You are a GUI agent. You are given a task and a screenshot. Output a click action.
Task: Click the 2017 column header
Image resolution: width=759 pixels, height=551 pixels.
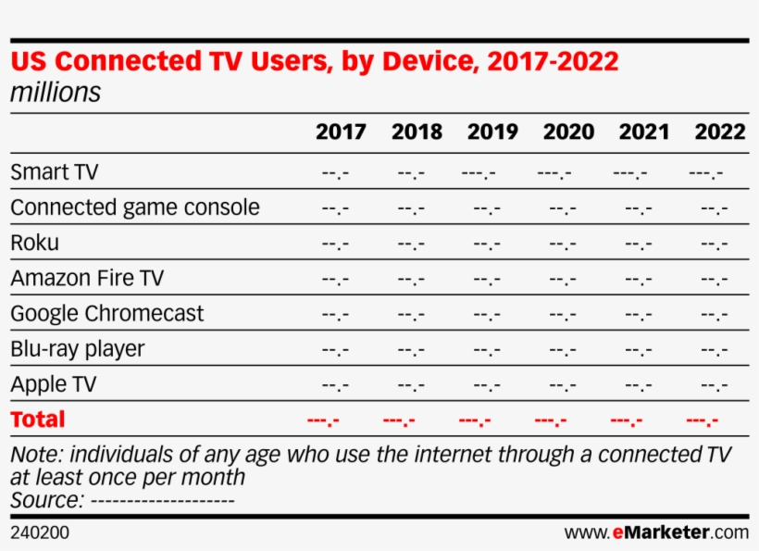click(341, 131)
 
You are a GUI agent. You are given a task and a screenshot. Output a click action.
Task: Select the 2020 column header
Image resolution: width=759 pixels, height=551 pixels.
click(568, 131)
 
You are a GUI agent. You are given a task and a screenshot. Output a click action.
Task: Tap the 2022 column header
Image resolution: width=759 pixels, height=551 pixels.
click(719, 131)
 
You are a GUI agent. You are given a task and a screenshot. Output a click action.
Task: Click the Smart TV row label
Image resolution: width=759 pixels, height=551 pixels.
click(54, 172)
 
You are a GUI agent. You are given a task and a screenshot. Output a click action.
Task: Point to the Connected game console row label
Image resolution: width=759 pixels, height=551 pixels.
click(135, 207)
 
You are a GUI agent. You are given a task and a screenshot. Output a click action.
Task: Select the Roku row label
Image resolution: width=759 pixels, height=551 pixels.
click(34, 243)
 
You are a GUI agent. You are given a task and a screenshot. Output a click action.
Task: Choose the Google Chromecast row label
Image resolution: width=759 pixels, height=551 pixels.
click(107, 313)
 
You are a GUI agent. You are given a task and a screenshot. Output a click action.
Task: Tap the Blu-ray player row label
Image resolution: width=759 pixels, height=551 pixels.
click(78, 349)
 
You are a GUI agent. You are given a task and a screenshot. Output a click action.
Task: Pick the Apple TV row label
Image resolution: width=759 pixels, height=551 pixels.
click(53, 384)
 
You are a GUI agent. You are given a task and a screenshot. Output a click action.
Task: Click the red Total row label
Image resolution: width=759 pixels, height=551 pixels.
click(38, 420)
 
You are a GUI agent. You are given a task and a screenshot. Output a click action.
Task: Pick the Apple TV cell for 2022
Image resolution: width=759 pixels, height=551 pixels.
click(715, 385)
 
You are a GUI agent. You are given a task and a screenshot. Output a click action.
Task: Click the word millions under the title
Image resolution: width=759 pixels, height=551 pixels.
click(56, 94)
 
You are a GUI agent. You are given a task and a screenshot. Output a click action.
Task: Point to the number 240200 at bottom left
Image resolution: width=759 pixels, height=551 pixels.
click(40, 532)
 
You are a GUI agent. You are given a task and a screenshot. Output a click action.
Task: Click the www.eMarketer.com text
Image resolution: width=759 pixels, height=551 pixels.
click(656, 532)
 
